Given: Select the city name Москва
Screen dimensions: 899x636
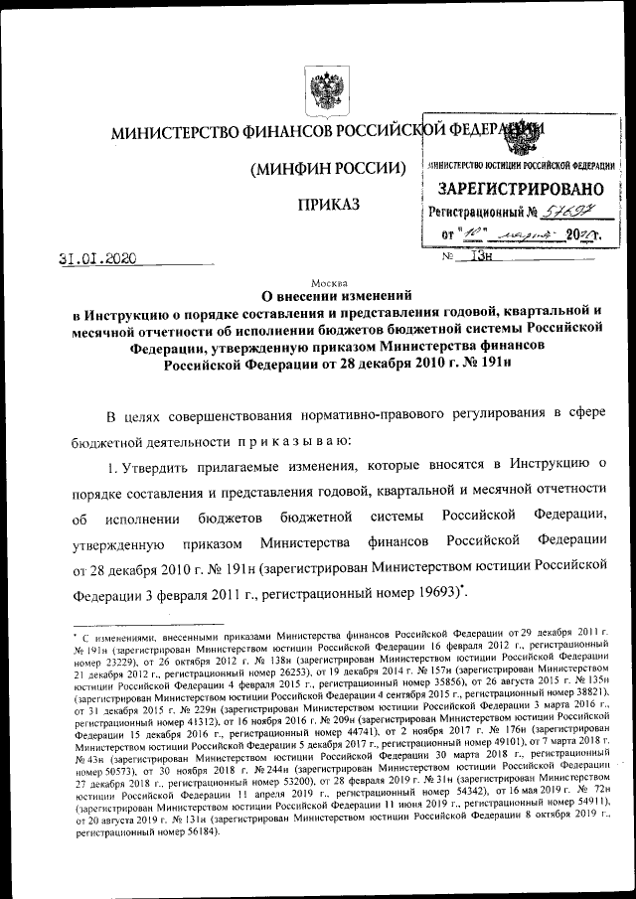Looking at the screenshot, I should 328,282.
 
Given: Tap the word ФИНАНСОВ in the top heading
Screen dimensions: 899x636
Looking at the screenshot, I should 280,132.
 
